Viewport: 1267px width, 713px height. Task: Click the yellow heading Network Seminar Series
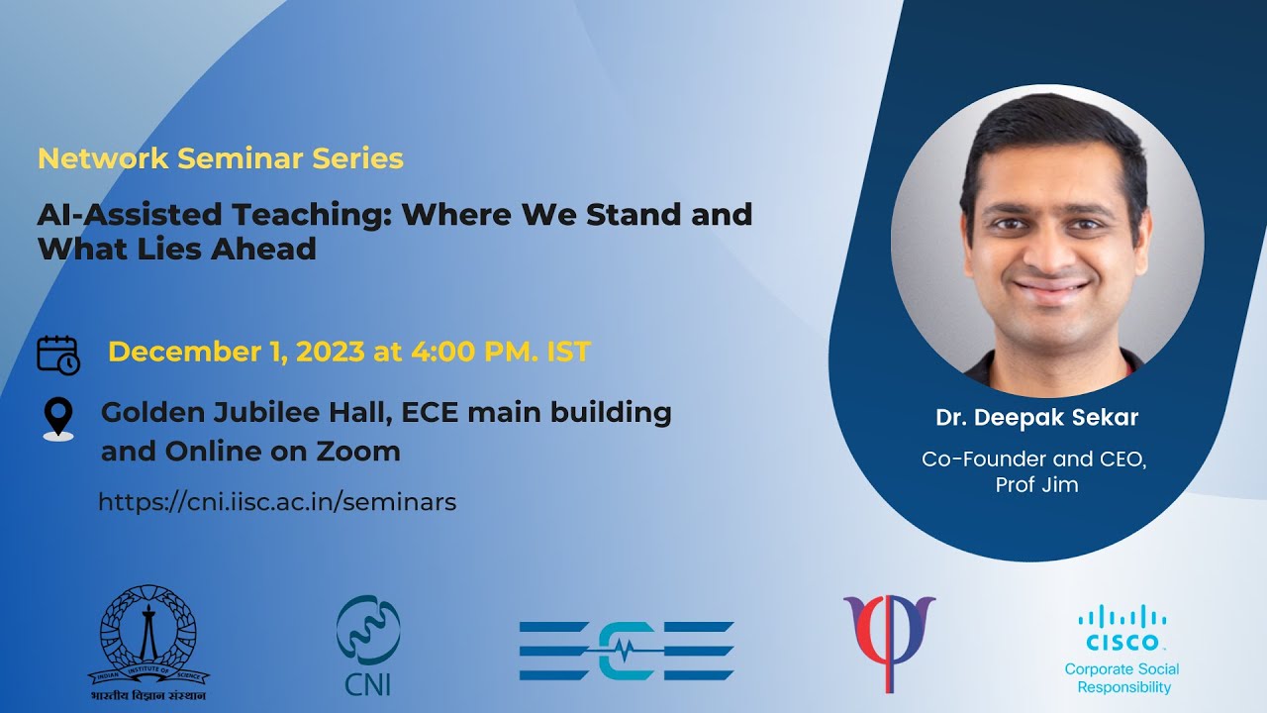220,158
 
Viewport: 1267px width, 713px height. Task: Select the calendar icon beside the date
57,354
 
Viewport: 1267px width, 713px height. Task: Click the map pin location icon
58,419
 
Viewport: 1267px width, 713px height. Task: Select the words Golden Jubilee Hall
247,412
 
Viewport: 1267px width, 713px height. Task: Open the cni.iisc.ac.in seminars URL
277,502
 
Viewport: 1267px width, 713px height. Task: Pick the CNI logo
368,644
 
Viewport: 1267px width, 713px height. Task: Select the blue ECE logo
626,651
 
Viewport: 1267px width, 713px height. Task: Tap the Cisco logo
1121,628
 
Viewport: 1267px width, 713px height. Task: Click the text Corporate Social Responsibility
1122,678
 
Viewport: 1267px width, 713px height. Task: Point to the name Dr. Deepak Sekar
1036,418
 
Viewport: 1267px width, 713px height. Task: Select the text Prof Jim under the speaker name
1036,485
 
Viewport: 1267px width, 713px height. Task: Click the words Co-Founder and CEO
1033,459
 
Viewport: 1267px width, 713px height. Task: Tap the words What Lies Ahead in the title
177,249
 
